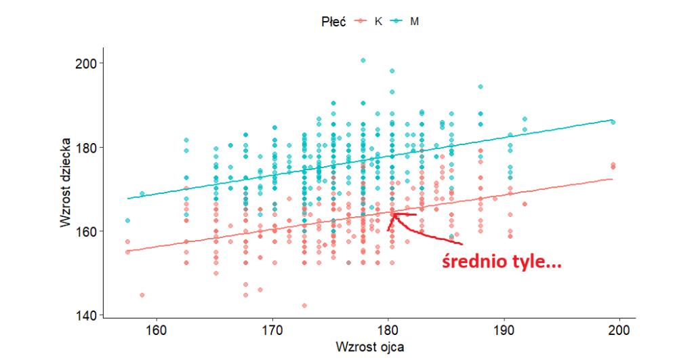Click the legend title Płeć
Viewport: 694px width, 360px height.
333,21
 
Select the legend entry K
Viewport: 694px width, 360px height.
378,21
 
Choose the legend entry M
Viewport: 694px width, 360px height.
414,21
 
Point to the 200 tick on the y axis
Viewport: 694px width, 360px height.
85,63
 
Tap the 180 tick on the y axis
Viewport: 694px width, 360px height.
85,147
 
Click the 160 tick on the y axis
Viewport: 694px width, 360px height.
85,232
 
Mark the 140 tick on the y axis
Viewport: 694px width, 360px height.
85,316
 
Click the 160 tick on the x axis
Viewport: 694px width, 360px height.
157,330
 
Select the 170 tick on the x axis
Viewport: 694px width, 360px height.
272,330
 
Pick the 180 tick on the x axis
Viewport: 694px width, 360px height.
388,330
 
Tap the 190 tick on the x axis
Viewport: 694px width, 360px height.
504,330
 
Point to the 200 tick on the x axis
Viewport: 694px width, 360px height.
619,330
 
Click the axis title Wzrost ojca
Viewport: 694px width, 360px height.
369,346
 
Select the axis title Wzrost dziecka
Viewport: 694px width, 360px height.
66,182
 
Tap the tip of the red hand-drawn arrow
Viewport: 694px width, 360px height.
393,214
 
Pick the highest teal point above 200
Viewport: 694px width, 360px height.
363,60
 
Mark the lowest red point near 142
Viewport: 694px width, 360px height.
304,306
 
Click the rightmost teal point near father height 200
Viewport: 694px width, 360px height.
613,122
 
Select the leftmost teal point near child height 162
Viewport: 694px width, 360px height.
127,220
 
